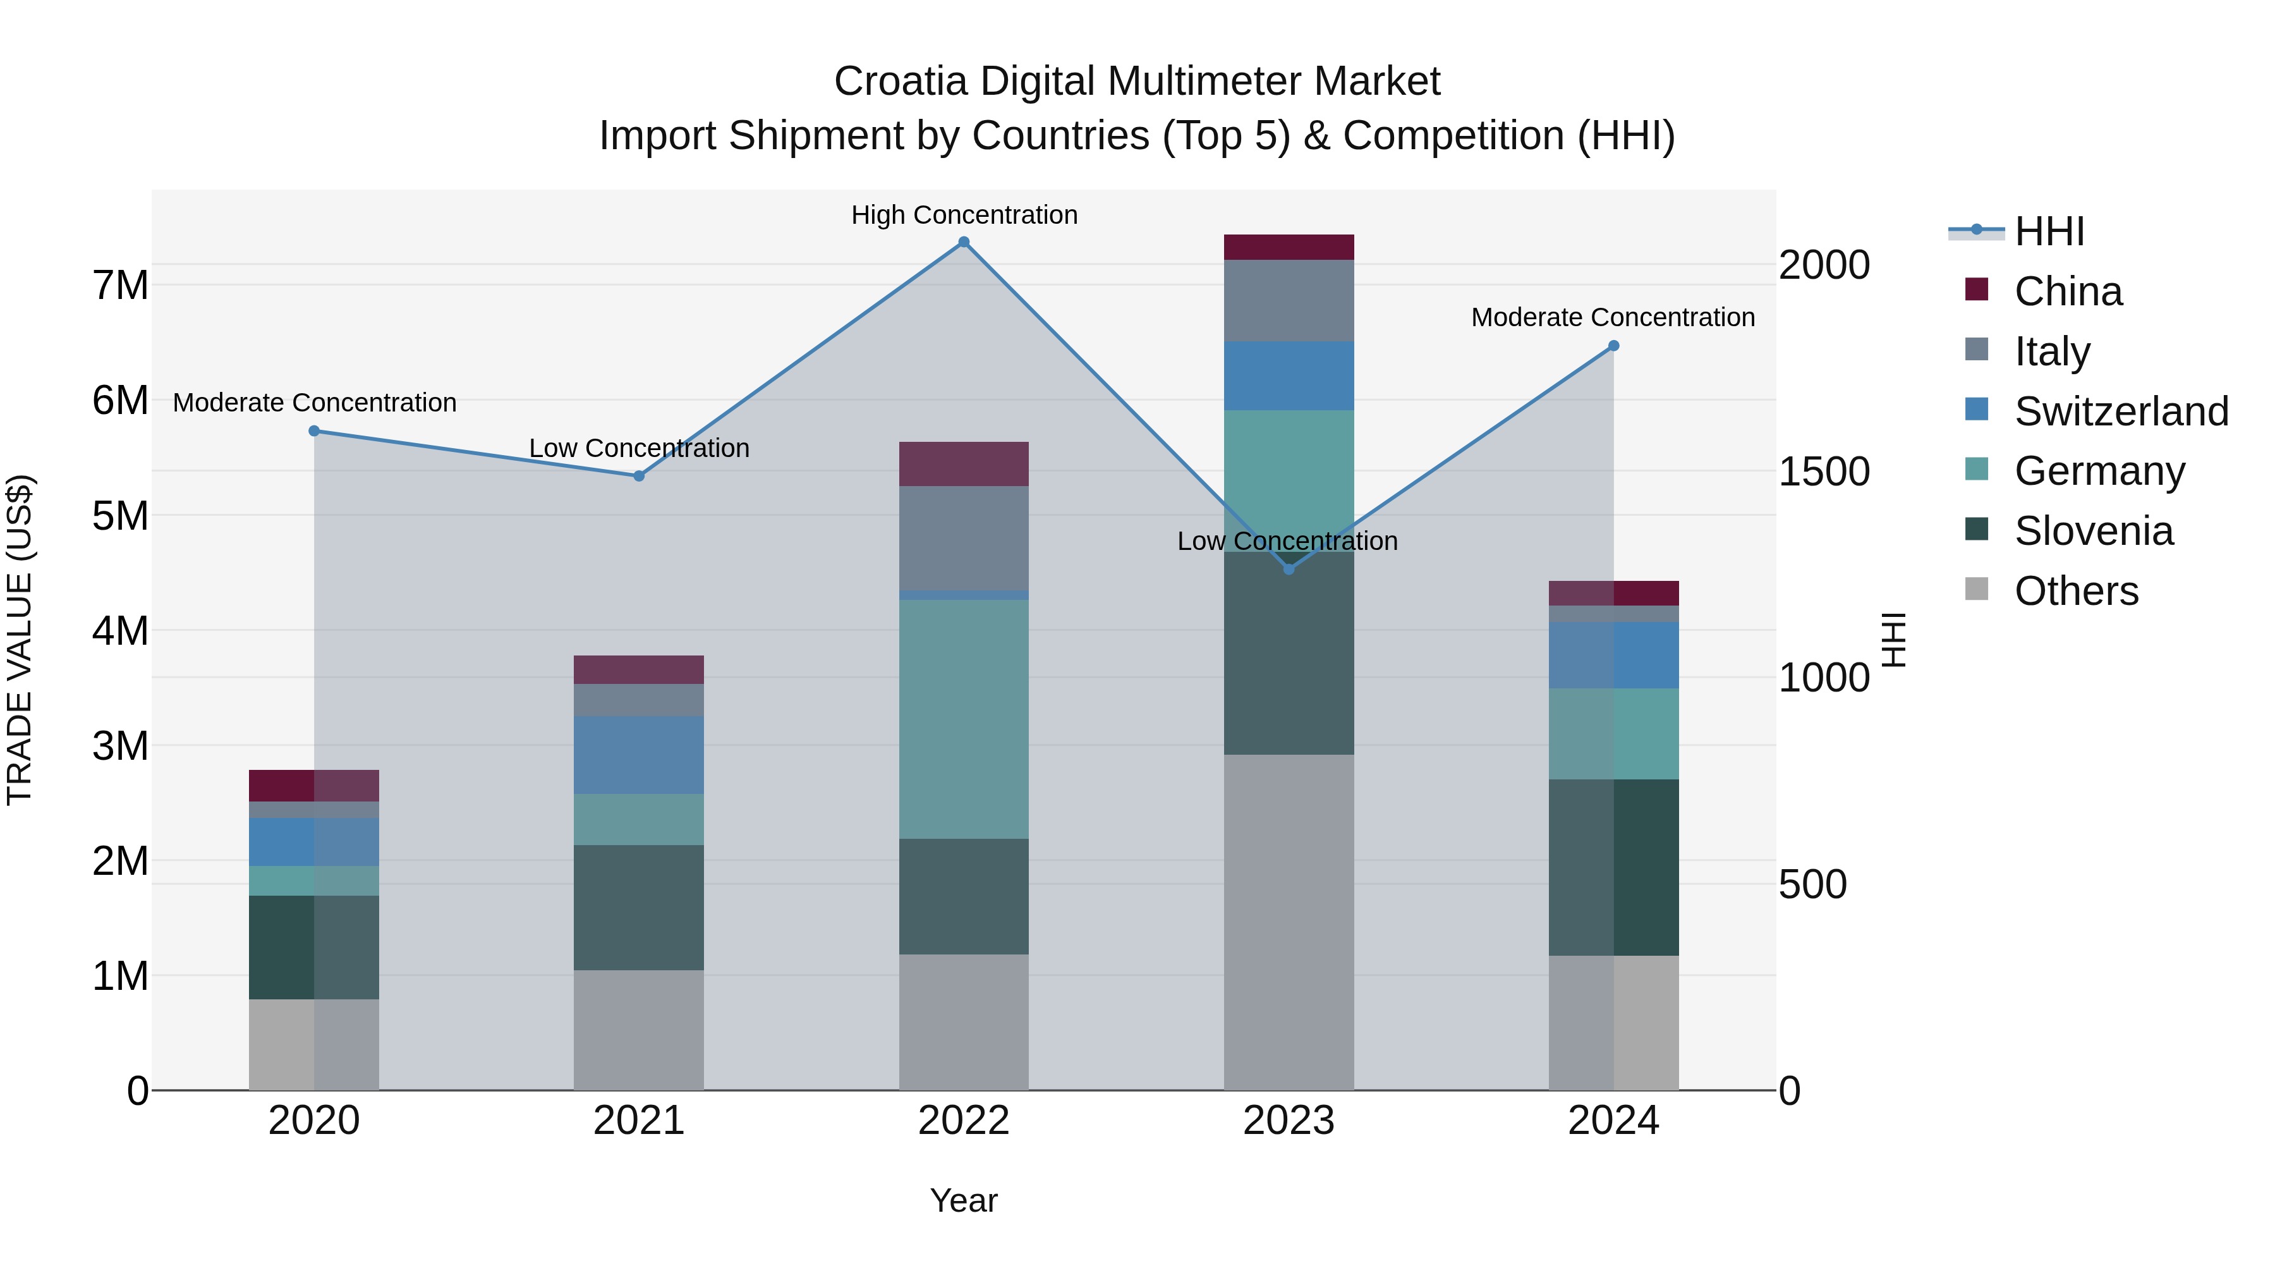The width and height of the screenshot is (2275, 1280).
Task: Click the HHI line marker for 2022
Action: pyautogui.click(x=964, y=242)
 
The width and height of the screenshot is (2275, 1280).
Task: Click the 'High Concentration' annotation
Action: pyautogui.click(x=964, y=215)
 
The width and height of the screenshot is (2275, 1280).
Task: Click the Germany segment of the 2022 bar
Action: pyautogui.click(x=964, y=719)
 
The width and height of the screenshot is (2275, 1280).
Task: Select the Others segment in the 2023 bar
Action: pyautogui.click(x=1289, y=922)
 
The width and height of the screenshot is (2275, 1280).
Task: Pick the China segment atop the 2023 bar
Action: pyautogui.click(x=1289, y=247)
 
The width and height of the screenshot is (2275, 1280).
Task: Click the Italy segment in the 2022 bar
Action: pyautogui.click(x=964, y=537)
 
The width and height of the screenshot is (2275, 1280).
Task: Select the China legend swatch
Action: pyautogui.click(x=1977, y=290)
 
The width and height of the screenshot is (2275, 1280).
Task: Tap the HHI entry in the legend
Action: pyautogui.click(x=2049, y=231)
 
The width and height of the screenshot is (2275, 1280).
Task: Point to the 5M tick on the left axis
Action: pyautogui.click(x=120, y=516)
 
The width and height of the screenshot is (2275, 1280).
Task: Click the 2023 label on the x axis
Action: pyautogui.click(x=1289, y=1121)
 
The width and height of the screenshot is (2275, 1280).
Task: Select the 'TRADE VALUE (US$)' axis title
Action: pyautogui.click(x=20, y=640)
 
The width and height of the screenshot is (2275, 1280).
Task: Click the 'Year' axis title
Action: pyautogui.click(x=964, y=1200)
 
